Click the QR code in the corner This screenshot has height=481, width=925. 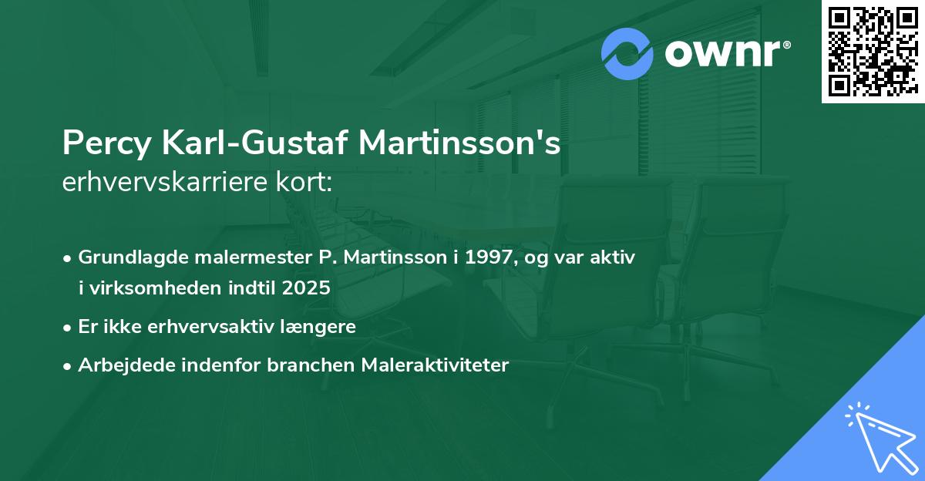click(873, 52)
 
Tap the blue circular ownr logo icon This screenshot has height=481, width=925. click(627, 53)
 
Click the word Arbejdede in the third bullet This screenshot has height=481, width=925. click(118, 365)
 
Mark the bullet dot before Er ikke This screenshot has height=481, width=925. click(69, 327)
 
